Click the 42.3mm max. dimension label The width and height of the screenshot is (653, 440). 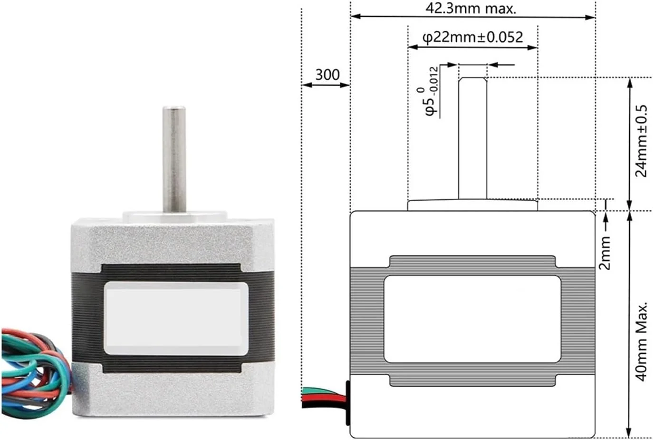pos(471,9)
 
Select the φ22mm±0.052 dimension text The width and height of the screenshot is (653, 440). pos(472,38)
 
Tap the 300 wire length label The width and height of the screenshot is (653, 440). pos(327,75)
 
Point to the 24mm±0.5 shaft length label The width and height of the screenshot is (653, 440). pos(641,141)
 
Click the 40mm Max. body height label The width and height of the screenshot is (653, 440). pos(641,342)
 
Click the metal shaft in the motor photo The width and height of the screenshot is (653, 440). pos(174,159)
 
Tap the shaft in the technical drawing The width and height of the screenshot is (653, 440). pos(472,138)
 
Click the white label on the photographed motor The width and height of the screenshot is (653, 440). pos(176,318)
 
